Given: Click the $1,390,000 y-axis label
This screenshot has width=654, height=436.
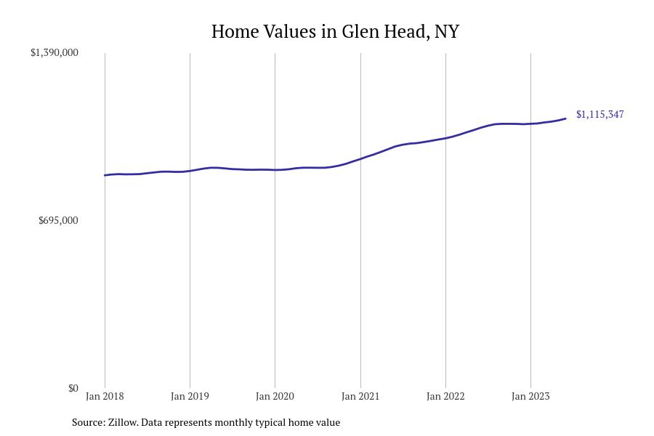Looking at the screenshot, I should [x=54, y=52].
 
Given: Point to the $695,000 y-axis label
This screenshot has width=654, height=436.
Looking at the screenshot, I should [x=58, y=220].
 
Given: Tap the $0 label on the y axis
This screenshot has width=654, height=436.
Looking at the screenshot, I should [x=73, y=388].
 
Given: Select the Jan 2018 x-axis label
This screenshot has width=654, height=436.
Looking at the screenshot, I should [x=105, y=396].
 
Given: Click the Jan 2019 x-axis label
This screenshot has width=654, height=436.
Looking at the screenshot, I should [x=190, y=396].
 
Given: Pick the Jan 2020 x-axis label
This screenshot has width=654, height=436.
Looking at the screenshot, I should [x=275, y=396].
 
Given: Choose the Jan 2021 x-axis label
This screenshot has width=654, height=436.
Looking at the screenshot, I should [x=360, y=396].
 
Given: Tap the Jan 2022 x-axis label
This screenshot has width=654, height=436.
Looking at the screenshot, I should [x=445, y=396].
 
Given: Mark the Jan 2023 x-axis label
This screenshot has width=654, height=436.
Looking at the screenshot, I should [x=530, y=396].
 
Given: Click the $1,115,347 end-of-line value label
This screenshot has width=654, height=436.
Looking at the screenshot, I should [x=599, y=114].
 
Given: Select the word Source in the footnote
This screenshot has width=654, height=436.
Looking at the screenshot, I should [x=88, y=422].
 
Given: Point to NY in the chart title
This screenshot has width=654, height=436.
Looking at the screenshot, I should [x=447, y=32].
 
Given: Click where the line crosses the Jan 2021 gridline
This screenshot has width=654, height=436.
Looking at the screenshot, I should [x=360, y=158].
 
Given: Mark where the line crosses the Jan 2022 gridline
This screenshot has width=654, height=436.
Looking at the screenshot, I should [x=445, y=137].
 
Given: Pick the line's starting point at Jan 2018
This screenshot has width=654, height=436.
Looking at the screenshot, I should [x=105, y=175].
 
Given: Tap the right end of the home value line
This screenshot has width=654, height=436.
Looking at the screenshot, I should [x=565, y=118].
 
